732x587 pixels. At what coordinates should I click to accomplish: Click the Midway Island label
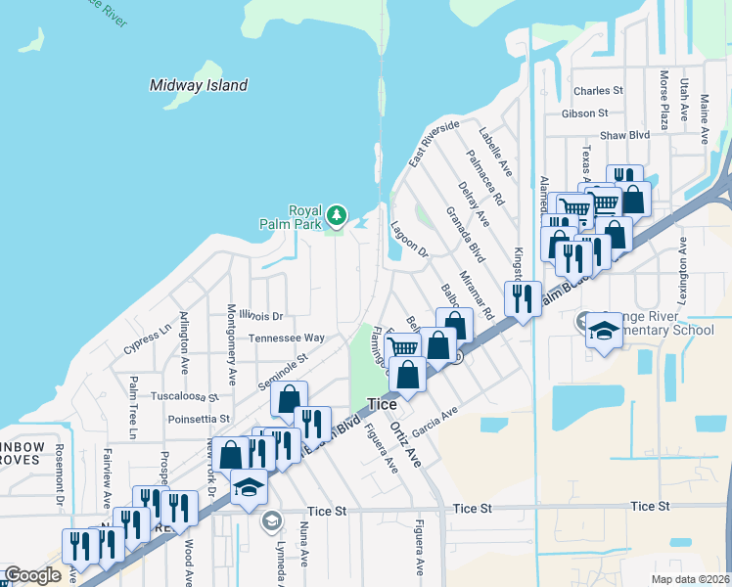(199, 85)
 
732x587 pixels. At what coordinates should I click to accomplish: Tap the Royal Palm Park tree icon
(337, 213)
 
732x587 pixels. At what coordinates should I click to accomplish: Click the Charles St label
(599, 91)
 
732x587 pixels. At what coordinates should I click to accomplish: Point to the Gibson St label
(598, 113)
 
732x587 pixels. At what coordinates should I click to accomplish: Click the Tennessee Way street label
(286, 339)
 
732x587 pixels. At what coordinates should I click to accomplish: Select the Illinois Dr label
(260, 316)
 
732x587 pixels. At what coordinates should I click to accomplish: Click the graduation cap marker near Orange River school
(604, 330)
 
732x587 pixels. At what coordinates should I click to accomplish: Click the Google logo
(32, 575)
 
